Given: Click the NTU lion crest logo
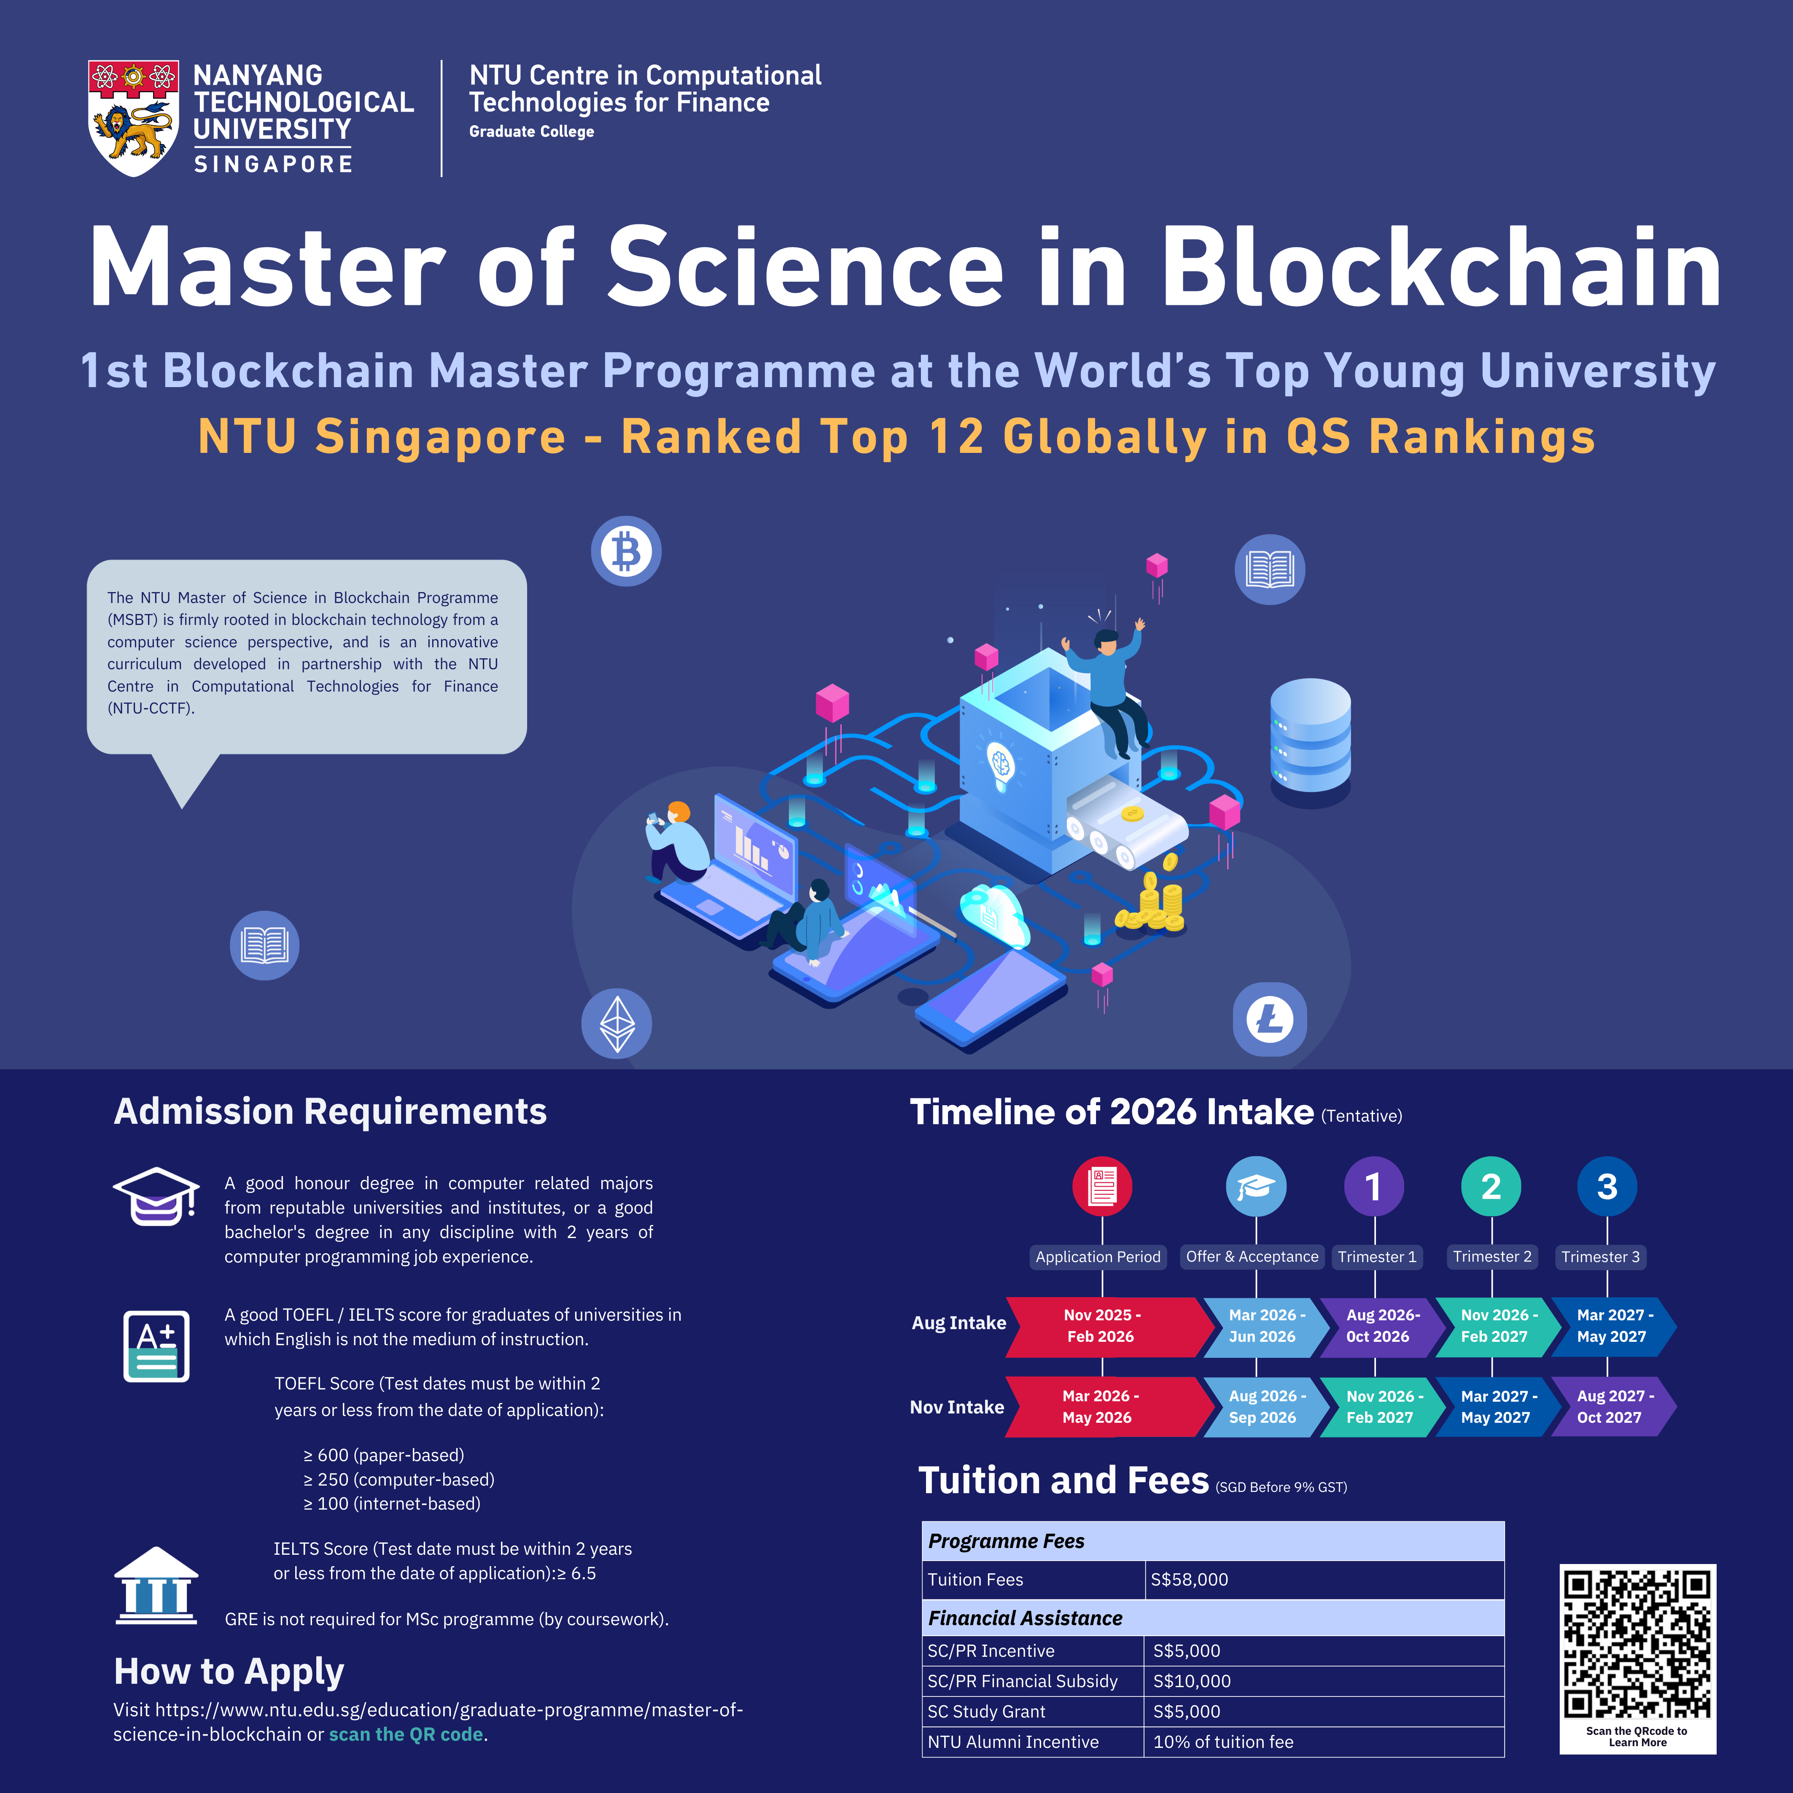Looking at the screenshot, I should tap(134, 118).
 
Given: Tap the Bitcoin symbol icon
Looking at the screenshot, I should tap(627, 551).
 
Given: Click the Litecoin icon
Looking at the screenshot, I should tap(1270, 1019).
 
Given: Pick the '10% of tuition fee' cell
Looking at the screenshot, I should tap(1223, 1742).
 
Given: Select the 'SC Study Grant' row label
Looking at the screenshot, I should tap(986, 1711).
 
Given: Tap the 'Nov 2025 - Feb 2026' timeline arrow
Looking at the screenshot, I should tap(1103, 1326).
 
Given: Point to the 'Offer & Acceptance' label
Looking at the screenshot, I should tap(1252, 1257).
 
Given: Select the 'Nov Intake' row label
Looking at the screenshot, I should tap(957, 1407).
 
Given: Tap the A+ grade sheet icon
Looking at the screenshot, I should tap(156, 1346).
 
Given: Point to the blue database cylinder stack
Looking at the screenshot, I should tap(1309, 736).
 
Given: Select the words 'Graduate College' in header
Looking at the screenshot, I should tap(532, 132).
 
